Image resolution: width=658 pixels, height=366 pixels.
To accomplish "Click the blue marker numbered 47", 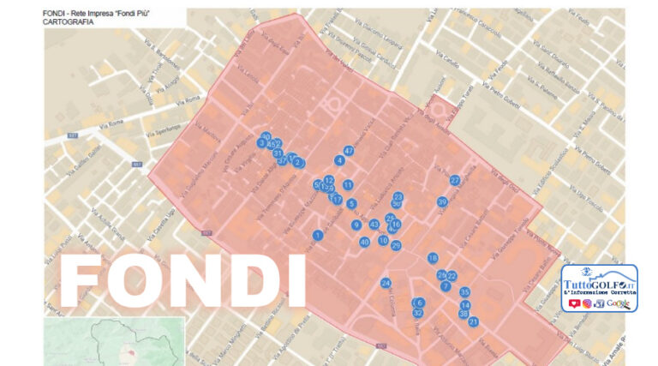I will [x=349, y=151].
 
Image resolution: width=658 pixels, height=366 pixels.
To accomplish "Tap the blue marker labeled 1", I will [x=318, y=235].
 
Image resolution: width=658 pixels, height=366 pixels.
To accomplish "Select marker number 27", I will [x=455, y=180].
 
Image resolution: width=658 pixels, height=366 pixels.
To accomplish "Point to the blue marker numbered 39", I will [x=442, y=202].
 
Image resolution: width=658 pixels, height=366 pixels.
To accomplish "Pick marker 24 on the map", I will [x=386, y=283].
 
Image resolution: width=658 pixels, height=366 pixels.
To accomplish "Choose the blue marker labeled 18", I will [x=433, y=258].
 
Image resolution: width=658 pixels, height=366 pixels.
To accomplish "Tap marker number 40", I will [x=364, y=243].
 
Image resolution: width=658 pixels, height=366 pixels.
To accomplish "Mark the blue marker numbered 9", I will [x=356, y=225].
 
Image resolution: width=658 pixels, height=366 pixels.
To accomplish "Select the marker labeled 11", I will [x=348, y=184].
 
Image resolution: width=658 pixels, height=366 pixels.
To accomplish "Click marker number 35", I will [x=464, y=292].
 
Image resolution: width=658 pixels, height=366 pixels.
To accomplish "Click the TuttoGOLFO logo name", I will [x=599, y=274].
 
